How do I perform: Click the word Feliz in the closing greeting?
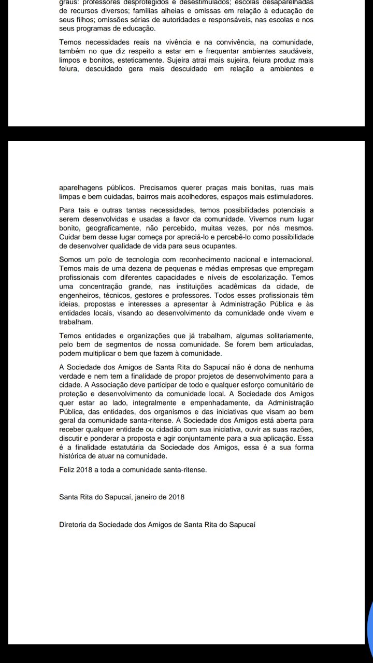67,470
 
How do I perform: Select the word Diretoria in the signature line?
74,524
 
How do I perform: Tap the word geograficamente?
109,228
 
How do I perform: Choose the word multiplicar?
104,354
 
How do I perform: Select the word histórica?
73,456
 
